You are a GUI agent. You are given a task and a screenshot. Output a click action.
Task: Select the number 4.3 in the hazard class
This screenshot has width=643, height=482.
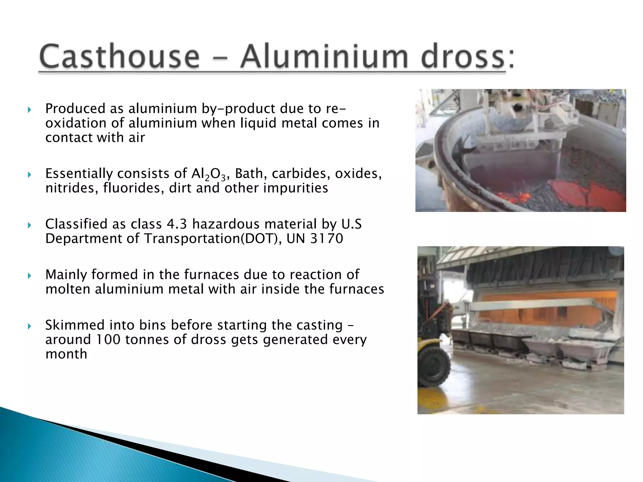177,224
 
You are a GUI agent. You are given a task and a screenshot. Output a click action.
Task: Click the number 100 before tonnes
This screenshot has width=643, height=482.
108,340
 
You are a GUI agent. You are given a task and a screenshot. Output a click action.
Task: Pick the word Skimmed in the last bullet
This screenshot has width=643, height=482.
75,325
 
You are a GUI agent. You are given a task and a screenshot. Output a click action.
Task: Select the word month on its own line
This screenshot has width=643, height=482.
66,354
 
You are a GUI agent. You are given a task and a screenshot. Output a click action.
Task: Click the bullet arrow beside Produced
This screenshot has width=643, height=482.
30,110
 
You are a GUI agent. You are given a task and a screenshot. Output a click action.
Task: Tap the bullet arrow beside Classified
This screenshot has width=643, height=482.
30,225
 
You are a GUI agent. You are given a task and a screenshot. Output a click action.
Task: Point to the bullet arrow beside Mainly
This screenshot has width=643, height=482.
30,276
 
